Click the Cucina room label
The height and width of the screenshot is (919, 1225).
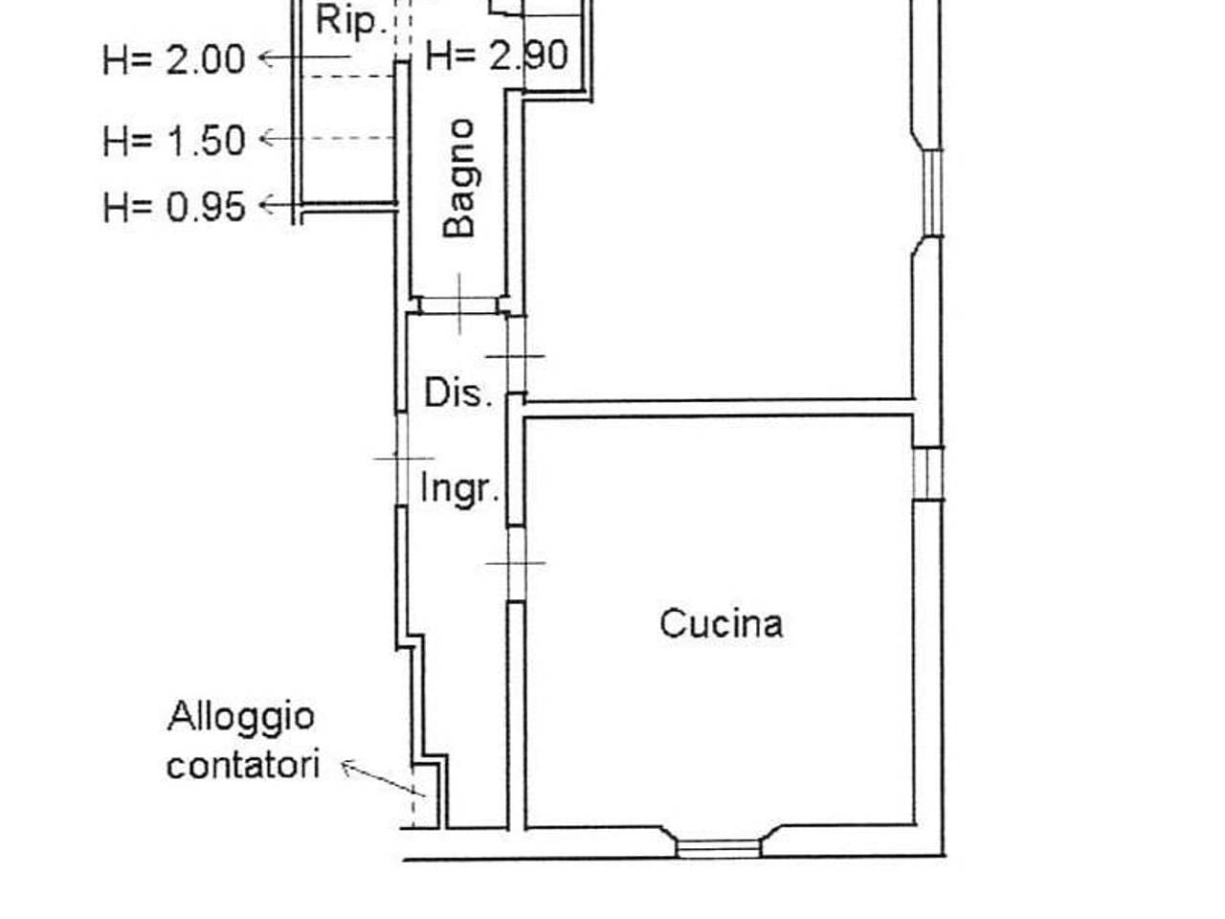[x=721, y=623]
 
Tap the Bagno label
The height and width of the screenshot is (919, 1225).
[x=458, y=178]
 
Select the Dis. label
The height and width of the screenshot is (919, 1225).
[x=458, y=392]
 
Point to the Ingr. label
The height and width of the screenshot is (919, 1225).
[x=459, y=489]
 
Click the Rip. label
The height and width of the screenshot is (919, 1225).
[x=351, y=22]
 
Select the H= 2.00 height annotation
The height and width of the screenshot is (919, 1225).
[x=174, y=59]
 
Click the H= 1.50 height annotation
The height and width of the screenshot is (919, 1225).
[x=174, y=140]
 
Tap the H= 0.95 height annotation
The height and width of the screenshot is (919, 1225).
[x=174, y=207]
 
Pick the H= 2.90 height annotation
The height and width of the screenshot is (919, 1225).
[x=497, y=56]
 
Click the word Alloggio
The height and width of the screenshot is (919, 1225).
[x=241, y=716]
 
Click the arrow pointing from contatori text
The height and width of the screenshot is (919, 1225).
[x=383, y=778]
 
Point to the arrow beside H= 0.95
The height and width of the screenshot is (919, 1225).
[x=328, y=205]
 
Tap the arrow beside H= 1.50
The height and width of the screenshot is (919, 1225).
[x=327, y=138]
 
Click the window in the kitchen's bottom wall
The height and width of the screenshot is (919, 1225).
[x=719, y=849]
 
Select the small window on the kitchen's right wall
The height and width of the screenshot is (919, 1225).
[x=928, y=473]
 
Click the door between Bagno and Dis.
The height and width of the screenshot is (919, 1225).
[x=458, y=305]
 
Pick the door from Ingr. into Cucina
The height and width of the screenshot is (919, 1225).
[x=516, y=564]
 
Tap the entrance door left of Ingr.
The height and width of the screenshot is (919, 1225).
[x=402, y=459]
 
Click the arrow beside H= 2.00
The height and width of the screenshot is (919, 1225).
[x=304, y=56]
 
